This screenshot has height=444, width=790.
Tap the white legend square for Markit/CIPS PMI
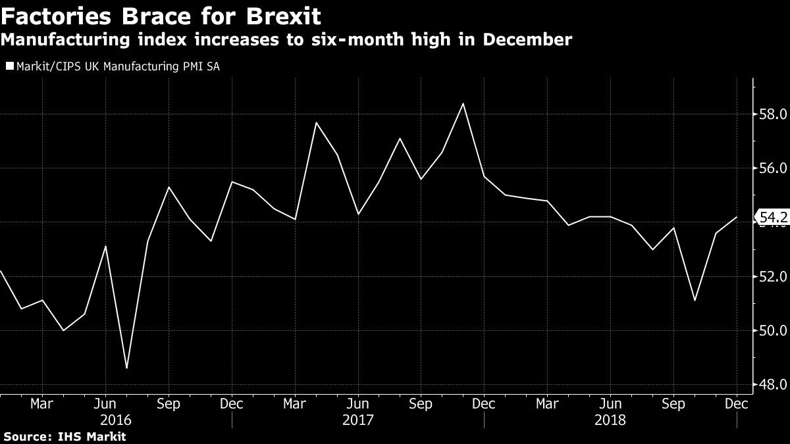9,66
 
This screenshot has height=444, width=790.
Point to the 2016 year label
115,419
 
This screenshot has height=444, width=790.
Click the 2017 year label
357,419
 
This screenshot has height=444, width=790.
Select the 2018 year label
610,419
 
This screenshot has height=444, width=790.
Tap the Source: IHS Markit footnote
64,436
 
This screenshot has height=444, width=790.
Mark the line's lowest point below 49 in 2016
126,368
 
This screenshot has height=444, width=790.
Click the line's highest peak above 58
463,103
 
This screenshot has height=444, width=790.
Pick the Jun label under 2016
105,403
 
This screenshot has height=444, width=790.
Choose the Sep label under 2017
421,403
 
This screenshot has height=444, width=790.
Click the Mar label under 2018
547,403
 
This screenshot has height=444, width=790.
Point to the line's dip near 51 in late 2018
695,301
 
